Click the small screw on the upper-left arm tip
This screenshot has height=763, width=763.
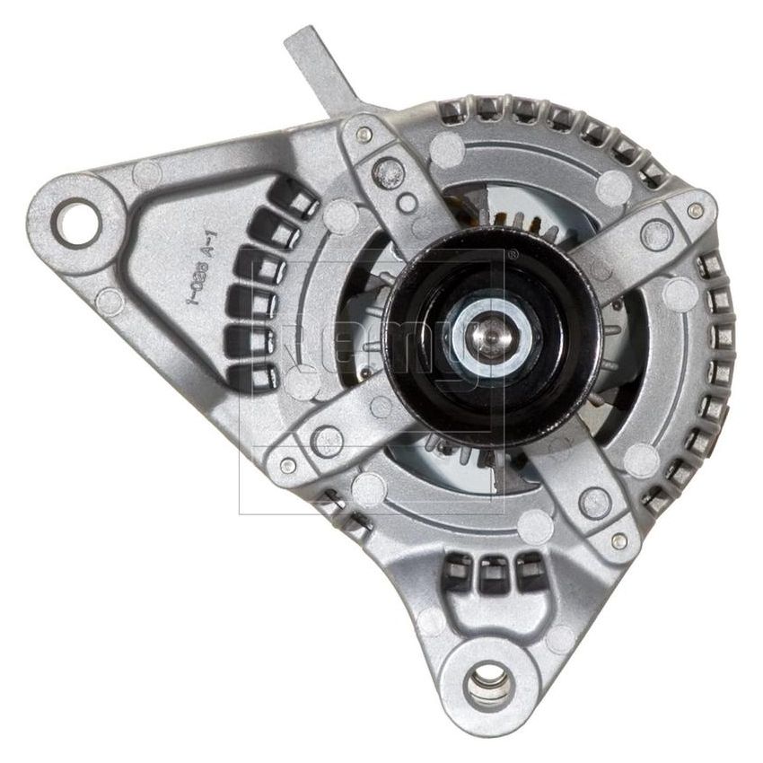coord(362,135)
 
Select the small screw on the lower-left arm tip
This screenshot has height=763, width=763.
coord(286,466)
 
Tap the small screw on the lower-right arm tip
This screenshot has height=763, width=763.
coord(618,540)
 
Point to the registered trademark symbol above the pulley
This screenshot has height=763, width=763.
coord(512,254)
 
